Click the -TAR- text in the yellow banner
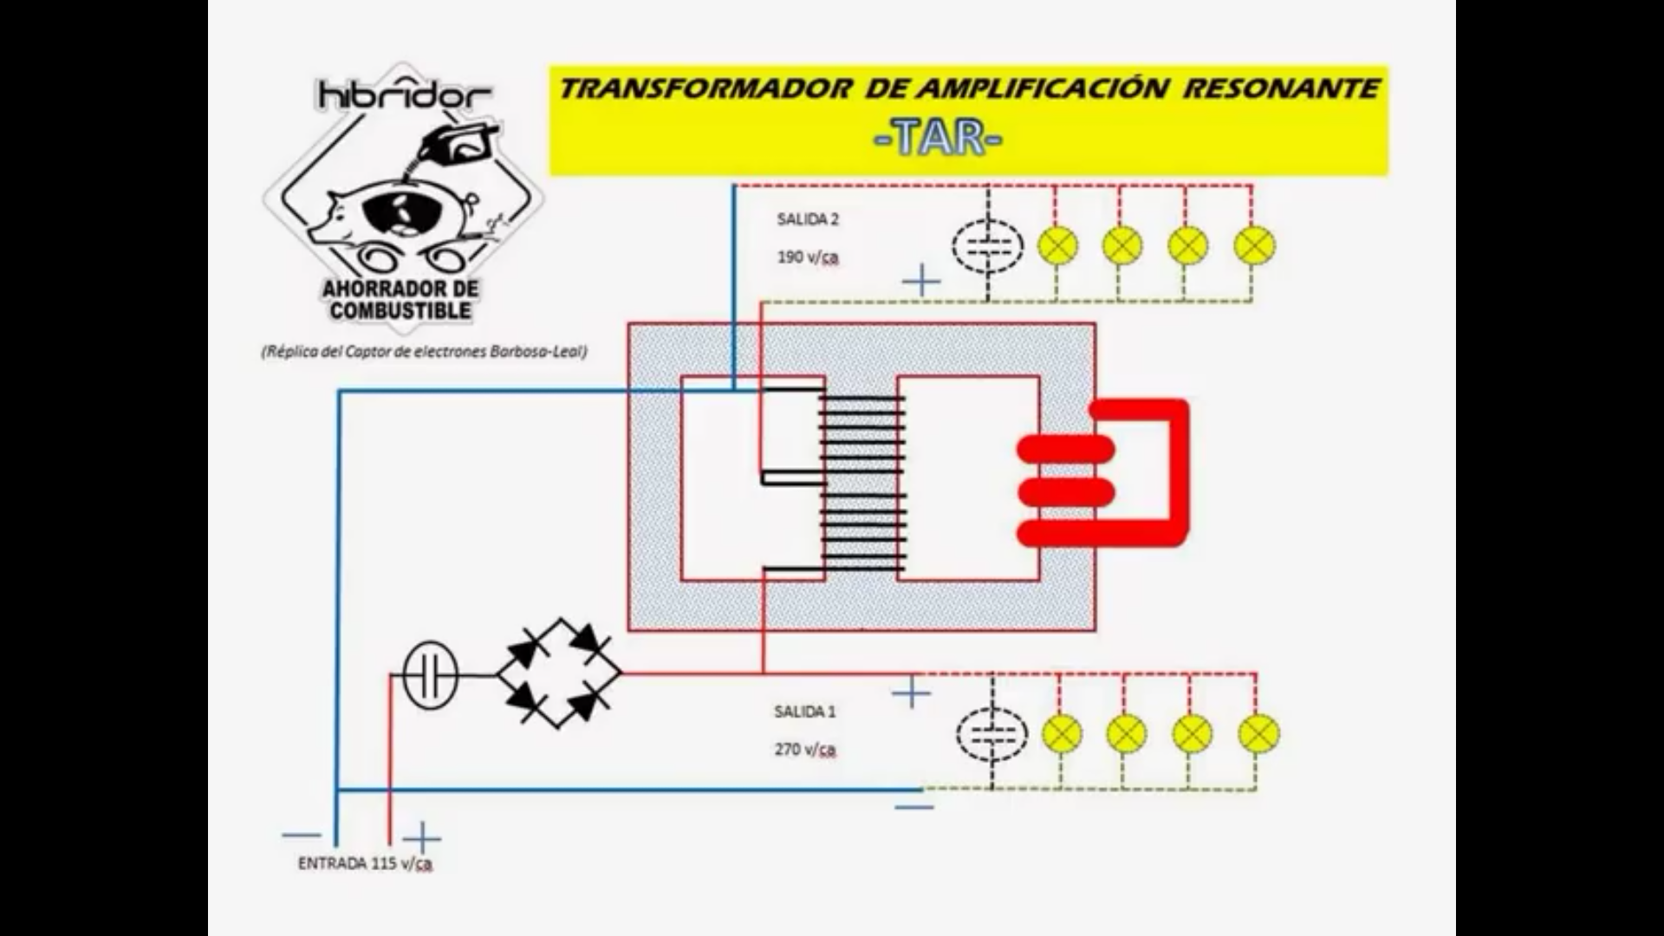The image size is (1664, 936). pos(939,137)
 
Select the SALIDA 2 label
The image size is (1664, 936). pos(808,219)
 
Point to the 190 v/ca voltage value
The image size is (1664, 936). pos(808,257)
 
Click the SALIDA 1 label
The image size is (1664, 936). pos(805,712)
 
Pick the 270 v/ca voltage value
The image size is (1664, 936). pos(805,750)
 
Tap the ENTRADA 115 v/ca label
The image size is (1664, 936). pos(365,864)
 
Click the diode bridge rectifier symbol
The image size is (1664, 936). pos(559,673)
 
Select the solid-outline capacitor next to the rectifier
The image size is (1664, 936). pos(431,675)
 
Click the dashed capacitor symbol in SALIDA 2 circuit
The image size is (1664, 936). pos(987,245)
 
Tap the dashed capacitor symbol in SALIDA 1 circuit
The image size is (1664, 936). pos(991,735)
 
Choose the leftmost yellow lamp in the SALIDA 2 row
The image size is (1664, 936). pos(1057,245)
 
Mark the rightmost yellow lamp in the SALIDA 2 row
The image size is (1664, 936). pos(1253,245)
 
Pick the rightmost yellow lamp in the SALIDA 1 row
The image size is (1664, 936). pos(1258,734)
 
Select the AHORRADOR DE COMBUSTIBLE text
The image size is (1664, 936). pos(400,299)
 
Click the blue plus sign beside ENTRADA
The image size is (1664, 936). pos(422,839)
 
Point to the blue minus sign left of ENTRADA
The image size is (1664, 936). pos(301,835)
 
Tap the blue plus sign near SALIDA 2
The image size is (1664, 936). pos(920,281)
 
